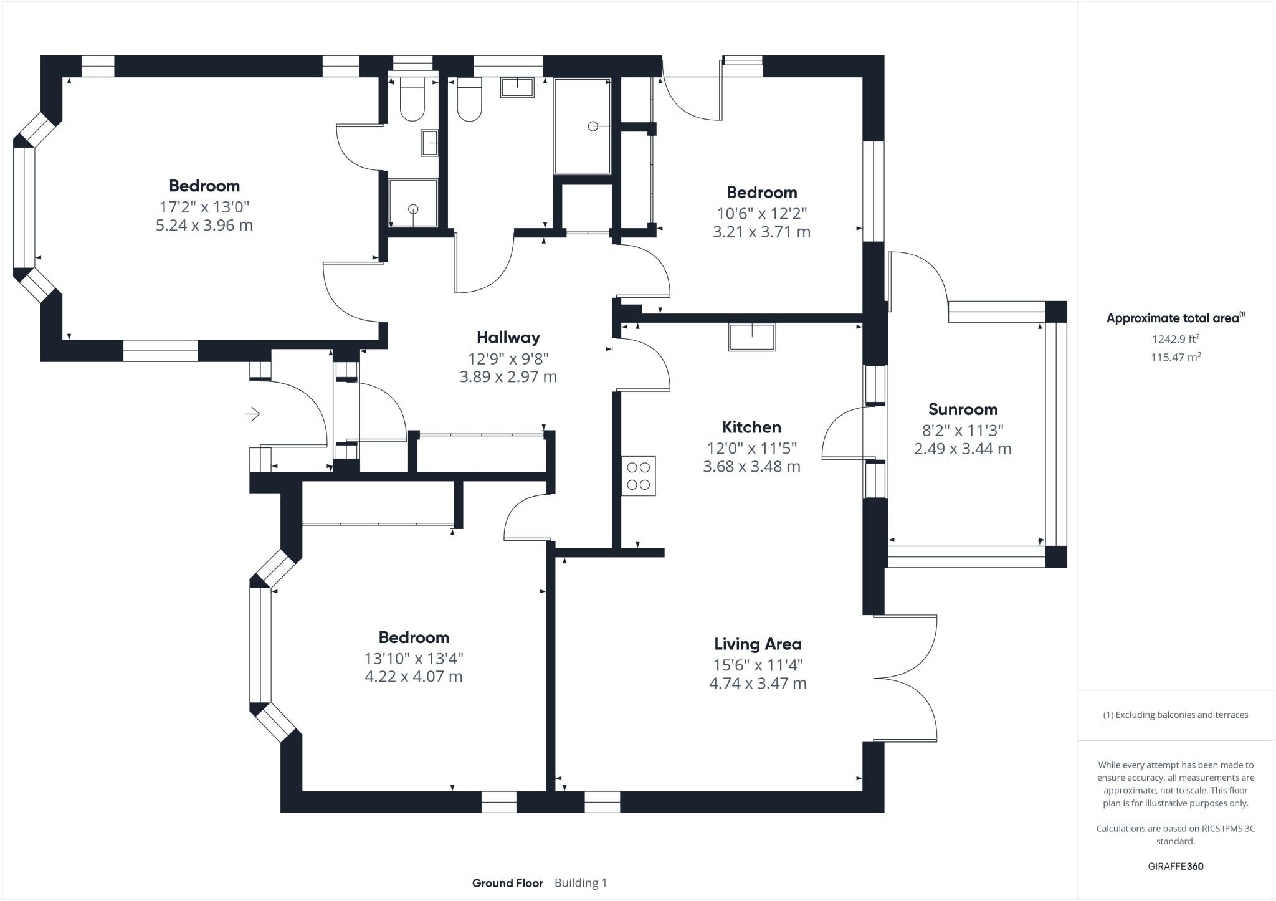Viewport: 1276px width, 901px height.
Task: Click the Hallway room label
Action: pos(508,338)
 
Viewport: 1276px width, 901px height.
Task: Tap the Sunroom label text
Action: pos(963,409)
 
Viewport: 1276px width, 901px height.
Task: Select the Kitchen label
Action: pos(751,427)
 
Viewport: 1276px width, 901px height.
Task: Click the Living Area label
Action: pos(758,644)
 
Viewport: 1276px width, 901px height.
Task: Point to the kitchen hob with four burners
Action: pos(638,476)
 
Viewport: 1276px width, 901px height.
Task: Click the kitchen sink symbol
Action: pos(752,337)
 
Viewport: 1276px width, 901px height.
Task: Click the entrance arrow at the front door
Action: pos(252,414)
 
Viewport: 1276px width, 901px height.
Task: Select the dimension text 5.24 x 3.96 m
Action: pos(204,226)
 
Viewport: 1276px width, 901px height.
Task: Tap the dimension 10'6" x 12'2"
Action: pos(761,213)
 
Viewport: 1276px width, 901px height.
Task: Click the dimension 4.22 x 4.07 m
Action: pos(413,677)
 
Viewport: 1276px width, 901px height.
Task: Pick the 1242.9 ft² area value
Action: pos(1175,339)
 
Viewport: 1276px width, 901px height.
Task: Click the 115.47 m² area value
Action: pos(1175,358)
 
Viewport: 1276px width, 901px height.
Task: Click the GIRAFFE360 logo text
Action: pos(1175,866)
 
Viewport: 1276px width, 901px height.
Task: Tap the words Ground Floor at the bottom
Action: pos(507,883)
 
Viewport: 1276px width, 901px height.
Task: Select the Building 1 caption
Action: pos(580,883)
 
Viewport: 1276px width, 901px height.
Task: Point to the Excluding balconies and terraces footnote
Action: pos(1175,715)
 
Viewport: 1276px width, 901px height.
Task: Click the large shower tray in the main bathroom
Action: pos(583,126)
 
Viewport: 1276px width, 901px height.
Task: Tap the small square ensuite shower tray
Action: pos(413,203)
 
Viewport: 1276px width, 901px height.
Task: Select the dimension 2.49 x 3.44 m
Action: pos(963,449)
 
